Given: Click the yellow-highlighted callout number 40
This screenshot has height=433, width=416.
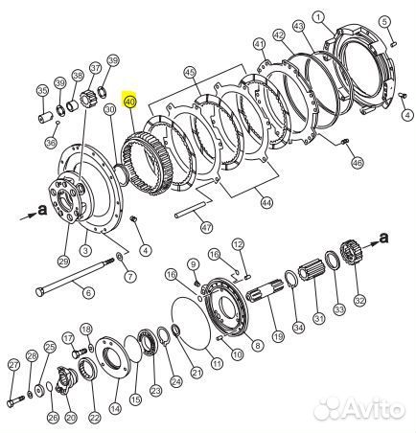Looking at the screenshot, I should [x=131, y=100].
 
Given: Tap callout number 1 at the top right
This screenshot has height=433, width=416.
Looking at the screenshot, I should [x=345, y=14].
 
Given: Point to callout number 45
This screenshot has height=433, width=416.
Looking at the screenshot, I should [x=190, y=73].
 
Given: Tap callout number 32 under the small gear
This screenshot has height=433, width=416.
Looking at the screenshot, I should [x=359, y=299].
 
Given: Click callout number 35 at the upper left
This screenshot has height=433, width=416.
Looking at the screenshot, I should [x=42, y=91].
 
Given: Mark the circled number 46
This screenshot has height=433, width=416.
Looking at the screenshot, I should [x=358, y=164].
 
